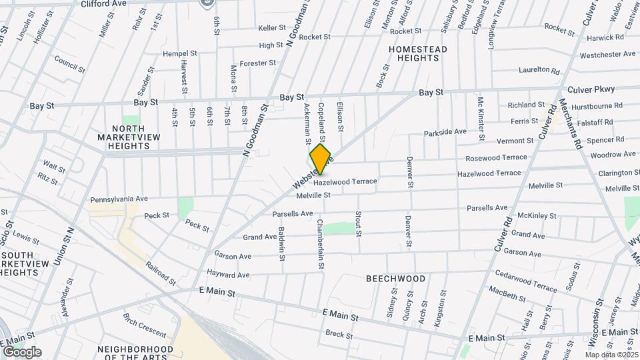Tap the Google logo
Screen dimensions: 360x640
21,352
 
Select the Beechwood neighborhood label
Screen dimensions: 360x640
395,278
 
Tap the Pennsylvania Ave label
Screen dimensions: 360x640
119,199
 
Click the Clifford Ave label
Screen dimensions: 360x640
103,4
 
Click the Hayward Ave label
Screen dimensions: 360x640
227,275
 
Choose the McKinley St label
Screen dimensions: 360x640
537,215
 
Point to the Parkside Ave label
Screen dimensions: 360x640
445,132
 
